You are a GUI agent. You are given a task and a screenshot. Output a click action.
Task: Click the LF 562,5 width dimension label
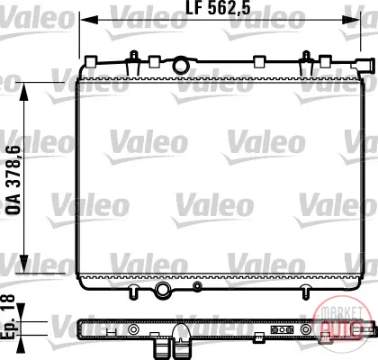pyautogui.click(x=218, y=8)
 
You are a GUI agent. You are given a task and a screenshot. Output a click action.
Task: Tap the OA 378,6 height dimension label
pyautogui.click(x=13, y=180)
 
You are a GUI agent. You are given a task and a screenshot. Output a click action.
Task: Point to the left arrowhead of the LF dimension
pyautogui.click(x=90, y=21)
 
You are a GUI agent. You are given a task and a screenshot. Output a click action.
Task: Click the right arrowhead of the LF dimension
pyautogui.click(x=351, y=21)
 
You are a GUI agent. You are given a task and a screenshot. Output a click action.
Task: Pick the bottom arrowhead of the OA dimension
pyautogui.click(x=24, y=264)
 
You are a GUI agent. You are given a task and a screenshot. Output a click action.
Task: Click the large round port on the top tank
pyautogui.click(x=181, y=66)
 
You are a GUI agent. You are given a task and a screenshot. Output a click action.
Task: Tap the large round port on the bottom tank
pyautogui.click(x=163, y=290)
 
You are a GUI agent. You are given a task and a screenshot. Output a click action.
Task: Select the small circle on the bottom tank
pyautogui.click(x=197, y=286)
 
